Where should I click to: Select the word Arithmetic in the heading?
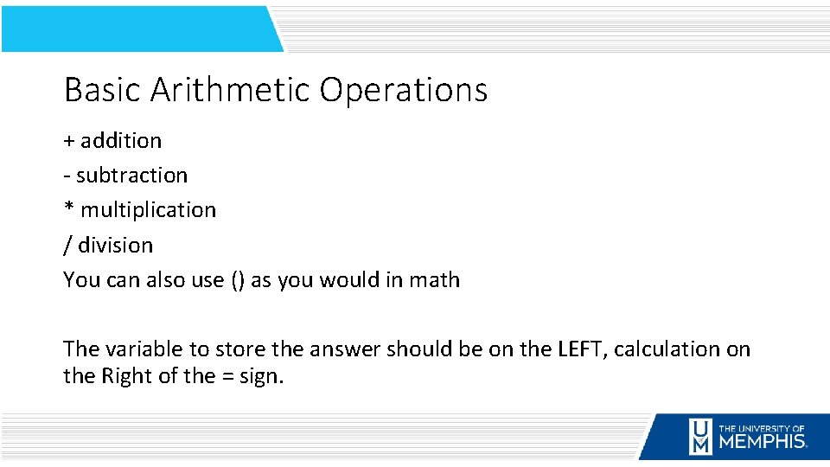click(x=230, y=90)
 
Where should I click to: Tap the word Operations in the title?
click(x=404, y=90)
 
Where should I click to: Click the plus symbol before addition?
click(x=69, y=141)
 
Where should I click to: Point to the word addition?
click(x=121, y=140)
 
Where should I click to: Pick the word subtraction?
click(x=131, y=176)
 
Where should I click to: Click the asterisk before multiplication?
click(x=69, y=208)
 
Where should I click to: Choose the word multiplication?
click(x=149, y=210)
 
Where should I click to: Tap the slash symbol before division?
click(x=68, y=246)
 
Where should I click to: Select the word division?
click(x=115, y=246)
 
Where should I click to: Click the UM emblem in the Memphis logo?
click(x=700, y=436)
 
